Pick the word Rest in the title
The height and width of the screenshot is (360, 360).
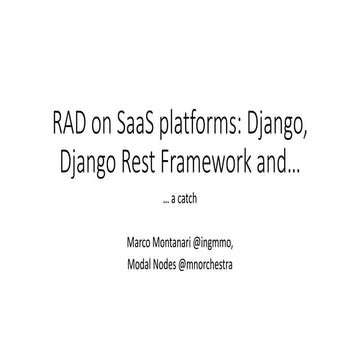[x=135, y=163]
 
